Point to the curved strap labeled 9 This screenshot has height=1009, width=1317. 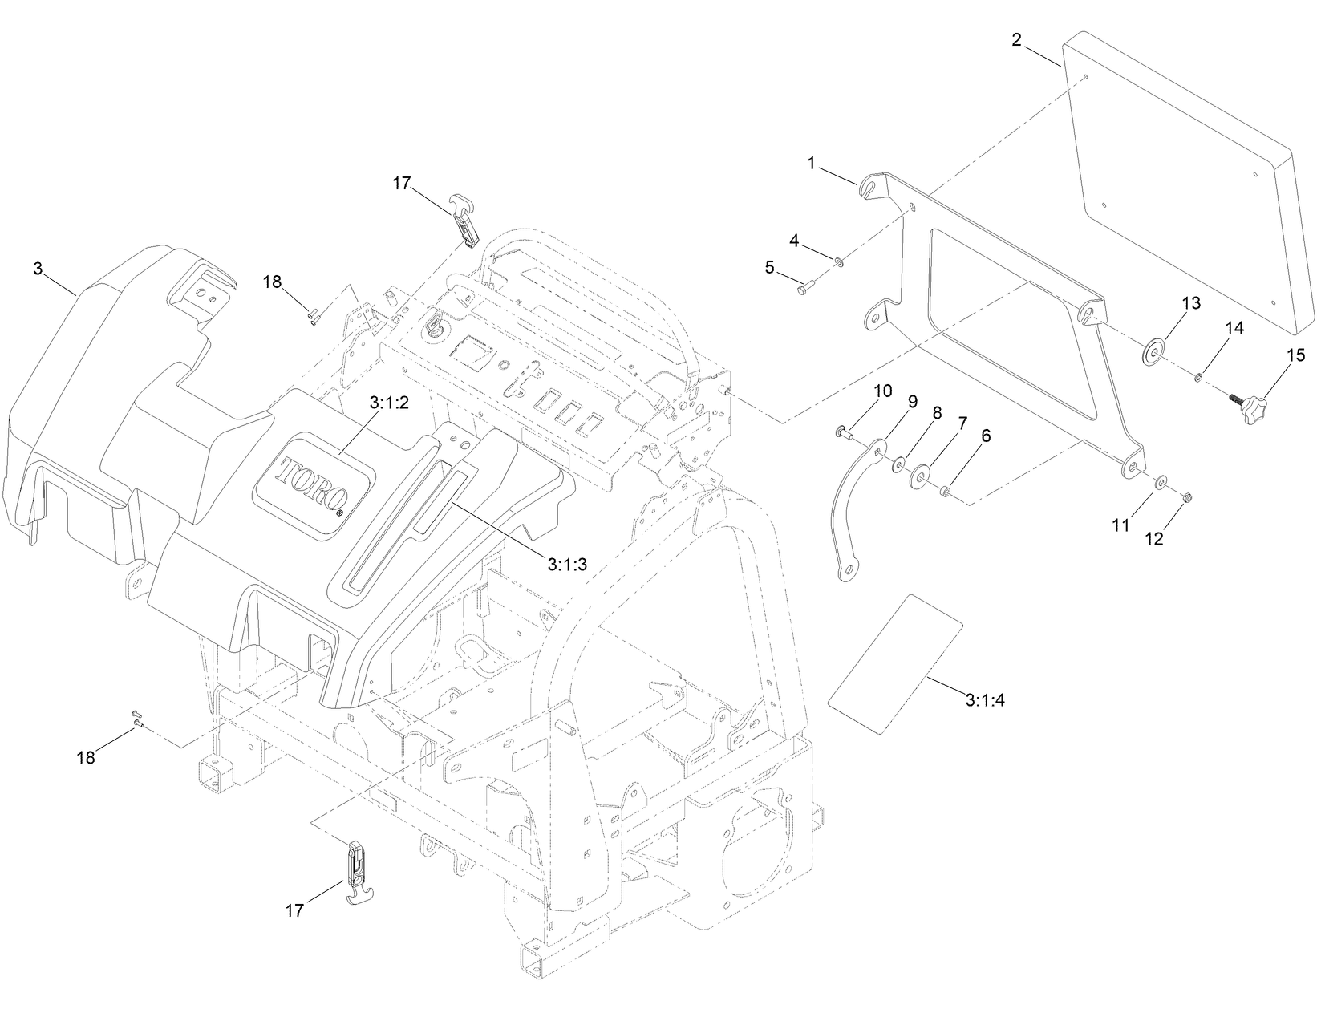click(845, 513)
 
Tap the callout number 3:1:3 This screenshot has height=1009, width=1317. click(568, 564)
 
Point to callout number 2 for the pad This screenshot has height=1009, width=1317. click(1016, 39)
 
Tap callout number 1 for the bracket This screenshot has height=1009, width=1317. click(811, 163)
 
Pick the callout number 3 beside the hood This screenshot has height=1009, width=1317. click(38, 269)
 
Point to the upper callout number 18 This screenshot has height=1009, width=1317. click(272, 282)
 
